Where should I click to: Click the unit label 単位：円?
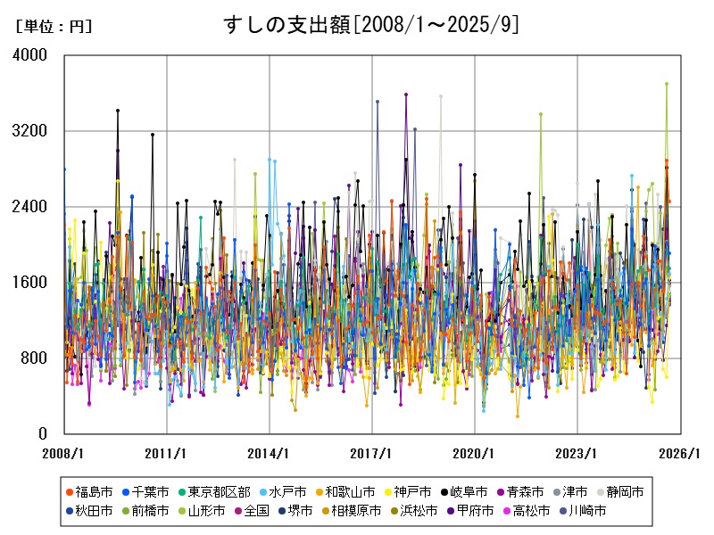point(54,27)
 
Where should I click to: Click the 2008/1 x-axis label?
point(64,453)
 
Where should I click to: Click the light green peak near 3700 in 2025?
point(666,84)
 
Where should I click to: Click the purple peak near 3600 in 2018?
point(406,94)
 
